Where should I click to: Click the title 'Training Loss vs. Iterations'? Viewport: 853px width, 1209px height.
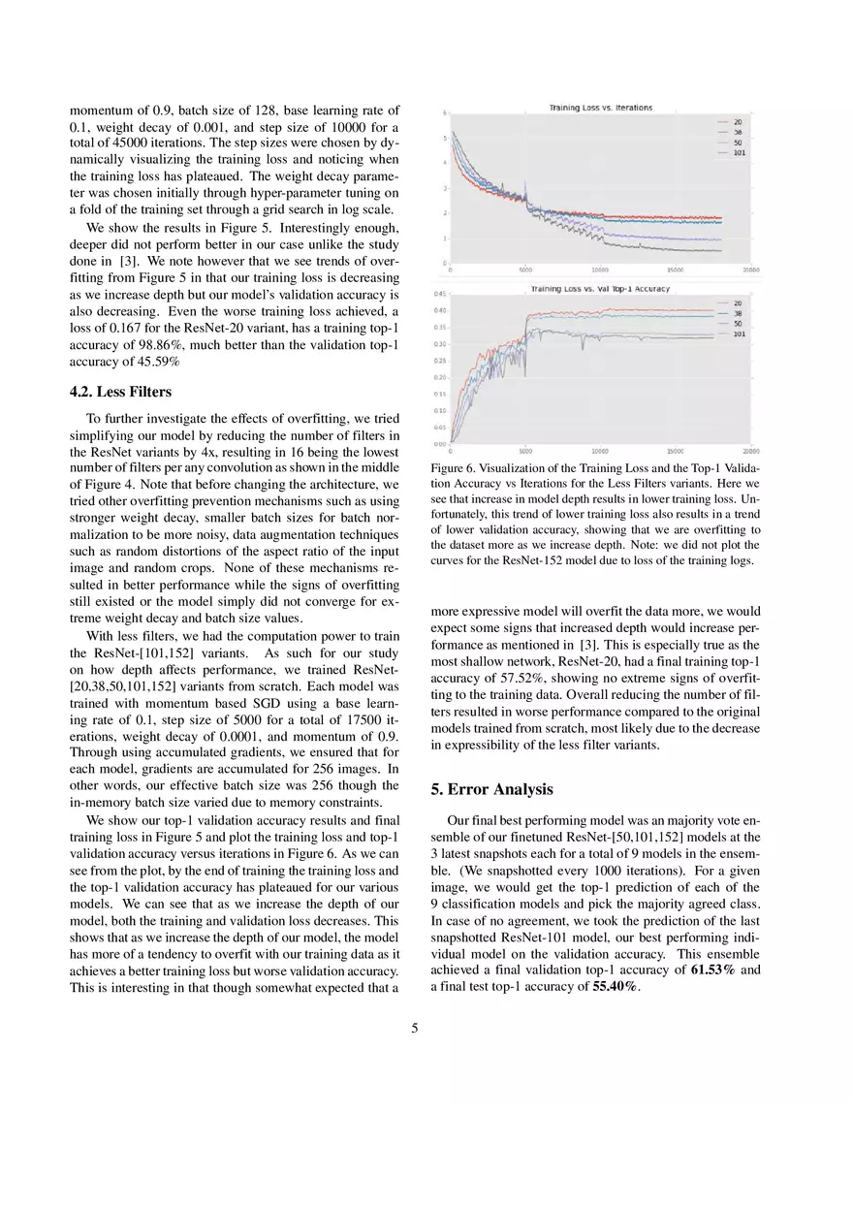pos(600,108)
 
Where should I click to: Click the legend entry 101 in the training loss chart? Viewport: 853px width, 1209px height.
pos(738,152)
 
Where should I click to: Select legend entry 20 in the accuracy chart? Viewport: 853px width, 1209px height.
pos(738,302)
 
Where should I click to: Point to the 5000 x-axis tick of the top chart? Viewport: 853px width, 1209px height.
pos(524,270)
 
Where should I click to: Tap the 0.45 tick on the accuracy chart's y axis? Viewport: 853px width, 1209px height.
pos(439,294)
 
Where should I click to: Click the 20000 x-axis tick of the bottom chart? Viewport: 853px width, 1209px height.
pos(750,451)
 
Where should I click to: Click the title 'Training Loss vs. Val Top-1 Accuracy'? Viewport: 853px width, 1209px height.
pos(599,289)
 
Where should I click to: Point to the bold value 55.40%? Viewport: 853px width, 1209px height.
pos(616,986)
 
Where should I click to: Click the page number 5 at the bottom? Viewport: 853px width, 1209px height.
pos(415,1029)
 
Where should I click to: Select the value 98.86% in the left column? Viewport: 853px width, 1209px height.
pos(145,344)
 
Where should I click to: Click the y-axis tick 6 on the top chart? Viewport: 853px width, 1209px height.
pos(445,113)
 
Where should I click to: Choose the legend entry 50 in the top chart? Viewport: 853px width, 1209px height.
pos(738,143)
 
